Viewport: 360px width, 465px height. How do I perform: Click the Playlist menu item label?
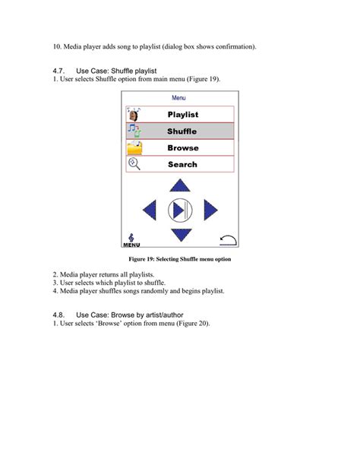point(182,115)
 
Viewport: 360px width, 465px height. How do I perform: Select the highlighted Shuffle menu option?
point(182,131)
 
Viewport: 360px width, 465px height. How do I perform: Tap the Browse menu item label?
point(182,148)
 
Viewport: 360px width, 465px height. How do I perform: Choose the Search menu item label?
point(182,164)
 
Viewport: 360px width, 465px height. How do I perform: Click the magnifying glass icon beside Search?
point(134,164)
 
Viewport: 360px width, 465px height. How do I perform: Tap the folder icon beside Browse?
point(134,148)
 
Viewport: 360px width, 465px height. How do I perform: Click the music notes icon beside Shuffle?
point(134,131)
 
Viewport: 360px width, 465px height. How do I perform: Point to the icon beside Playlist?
point(134,115)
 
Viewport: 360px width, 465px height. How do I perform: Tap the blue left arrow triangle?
point(150,210)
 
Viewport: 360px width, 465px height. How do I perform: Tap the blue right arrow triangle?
point(210,210)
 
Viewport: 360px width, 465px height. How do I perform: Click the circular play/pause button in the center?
point(180,210)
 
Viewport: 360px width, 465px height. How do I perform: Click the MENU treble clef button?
point(131,240)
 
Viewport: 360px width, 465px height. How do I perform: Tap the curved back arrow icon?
point(227,240)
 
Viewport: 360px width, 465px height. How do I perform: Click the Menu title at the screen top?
point(178,98)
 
